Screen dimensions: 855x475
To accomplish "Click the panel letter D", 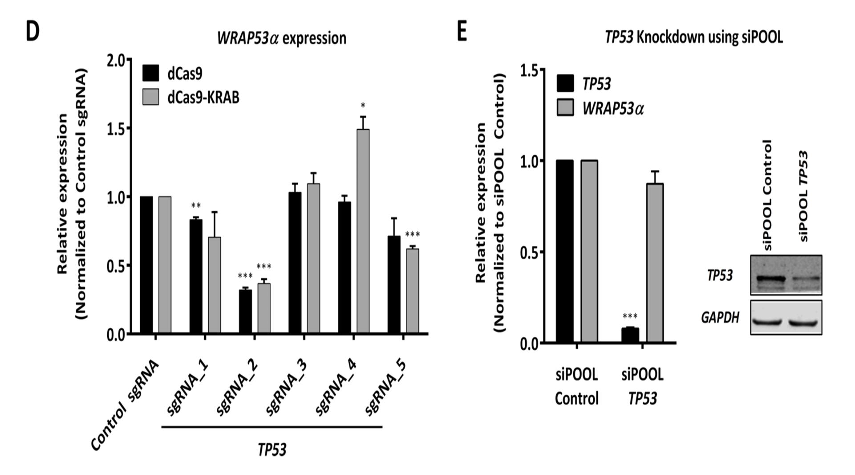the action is (x=32, y=32).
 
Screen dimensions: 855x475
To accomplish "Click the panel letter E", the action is (x=462, y=32).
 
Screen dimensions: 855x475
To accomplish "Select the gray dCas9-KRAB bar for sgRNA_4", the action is (x=363, y=231).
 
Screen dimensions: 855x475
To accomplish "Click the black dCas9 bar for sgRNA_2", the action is (x=245, y=311).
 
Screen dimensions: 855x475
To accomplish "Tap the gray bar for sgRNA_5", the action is (x=413, y=291).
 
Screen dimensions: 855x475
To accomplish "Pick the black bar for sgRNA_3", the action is (x=295, y=263).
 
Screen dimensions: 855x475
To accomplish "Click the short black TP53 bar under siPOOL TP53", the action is (x=630, y=336).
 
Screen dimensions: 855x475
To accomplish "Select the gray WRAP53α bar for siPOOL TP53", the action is (x=655, y=263).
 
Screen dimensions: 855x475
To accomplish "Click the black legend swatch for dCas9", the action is (x=150, y=74).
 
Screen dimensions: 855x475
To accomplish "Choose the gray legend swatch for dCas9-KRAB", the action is (x=150, y=97).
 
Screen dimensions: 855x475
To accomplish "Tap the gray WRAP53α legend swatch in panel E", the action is (x=565, y=108).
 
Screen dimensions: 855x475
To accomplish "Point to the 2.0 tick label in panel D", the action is (x=116, y=60).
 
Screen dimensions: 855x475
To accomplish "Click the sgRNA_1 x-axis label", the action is (x=187, y=388).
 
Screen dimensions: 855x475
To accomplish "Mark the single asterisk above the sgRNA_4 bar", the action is (x=363, y=106).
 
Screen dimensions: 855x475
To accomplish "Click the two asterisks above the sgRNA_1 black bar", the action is (x=196, y=205).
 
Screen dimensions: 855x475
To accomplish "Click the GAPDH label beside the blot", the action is (x=720, y=317).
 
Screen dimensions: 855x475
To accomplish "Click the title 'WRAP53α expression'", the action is (x=282, y=38).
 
